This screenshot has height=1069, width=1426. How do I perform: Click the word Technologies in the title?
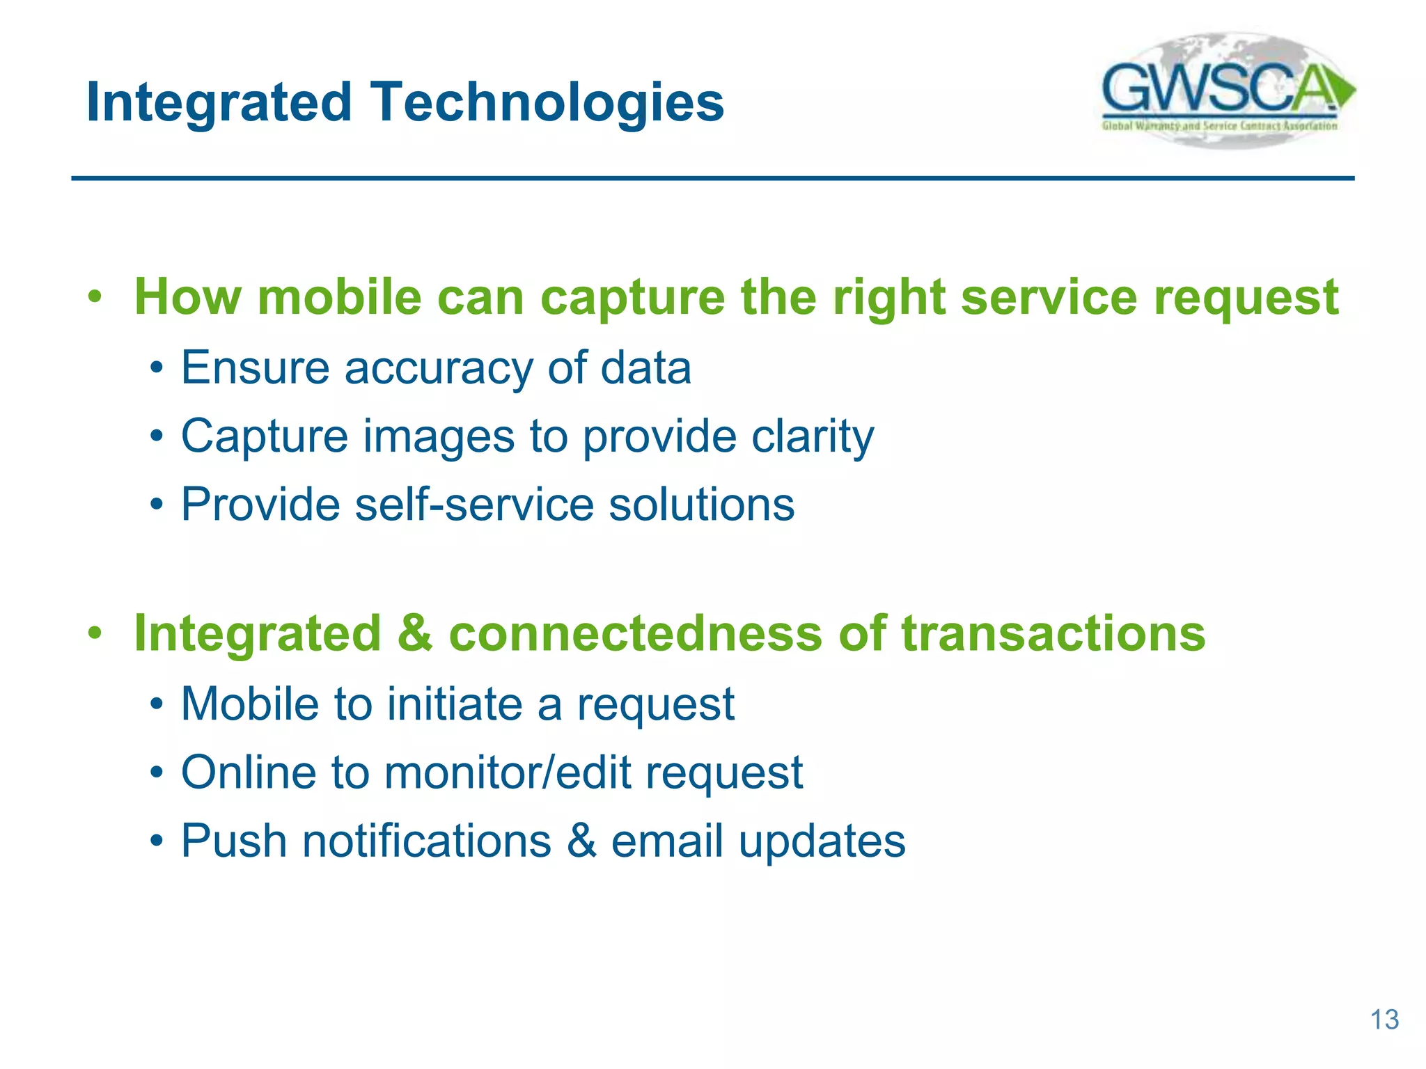(547, 103)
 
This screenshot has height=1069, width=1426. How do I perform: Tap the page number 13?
(1384, 1020)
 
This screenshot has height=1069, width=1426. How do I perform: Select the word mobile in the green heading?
(339, 297)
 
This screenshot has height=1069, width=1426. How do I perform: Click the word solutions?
(701, 504)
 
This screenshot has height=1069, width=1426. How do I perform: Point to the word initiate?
(455, 704)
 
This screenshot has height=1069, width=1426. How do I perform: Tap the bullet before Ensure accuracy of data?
(157, 368)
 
